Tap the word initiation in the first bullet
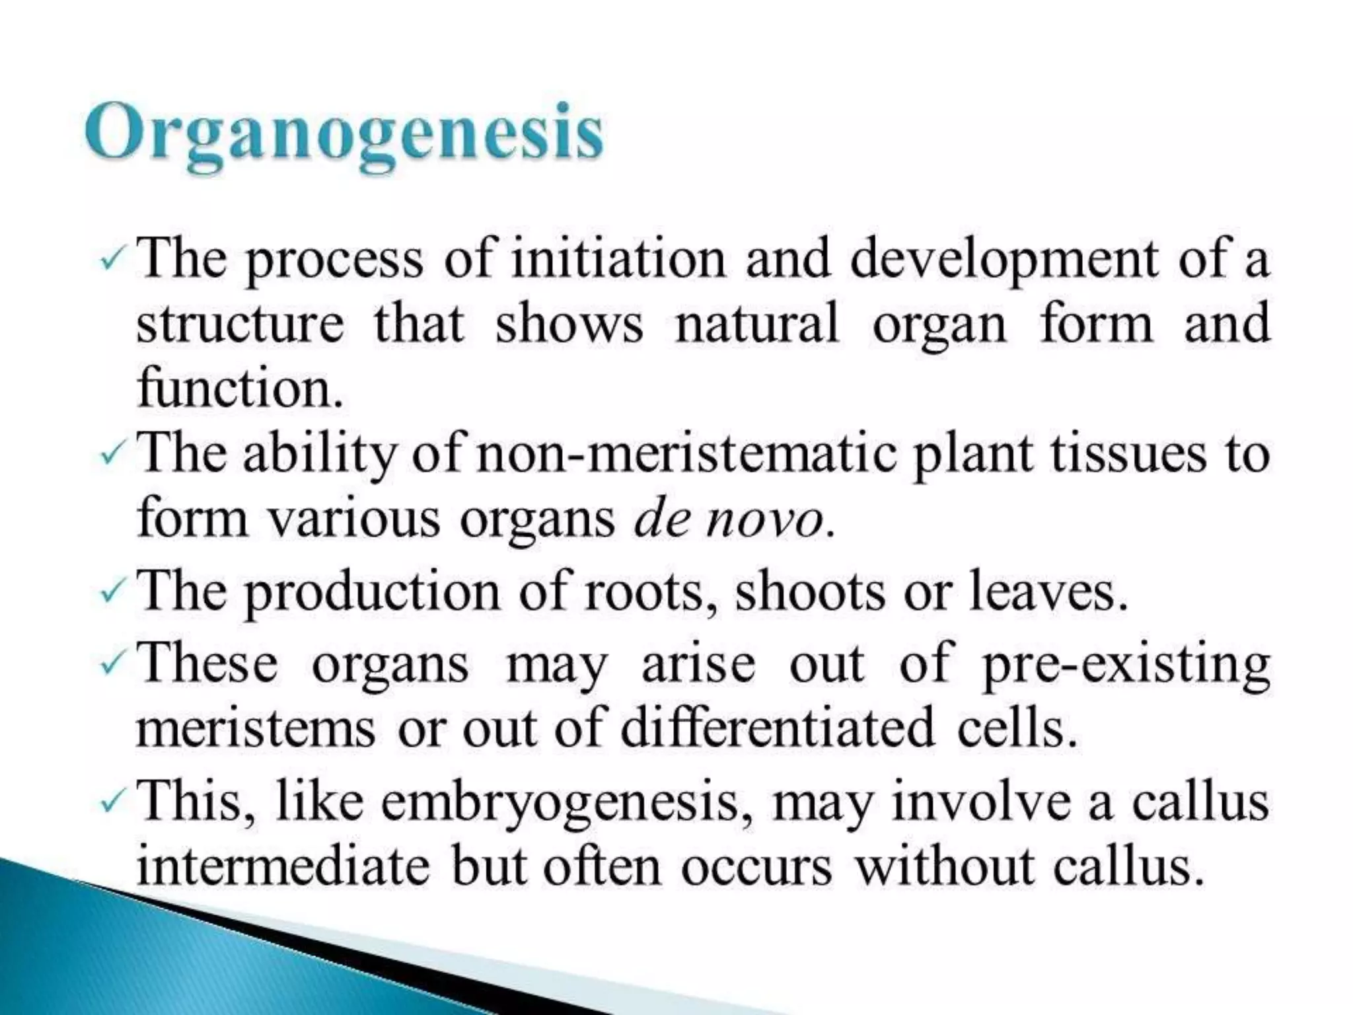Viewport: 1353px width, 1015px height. (618, 259)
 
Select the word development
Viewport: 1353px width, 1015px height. (1004, 259)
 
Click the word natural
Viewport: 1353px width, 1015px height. (756, 324)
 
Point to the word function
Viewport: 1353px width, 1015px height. (239, 389)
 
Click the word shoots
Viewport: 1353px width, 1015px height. (810, 591)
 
